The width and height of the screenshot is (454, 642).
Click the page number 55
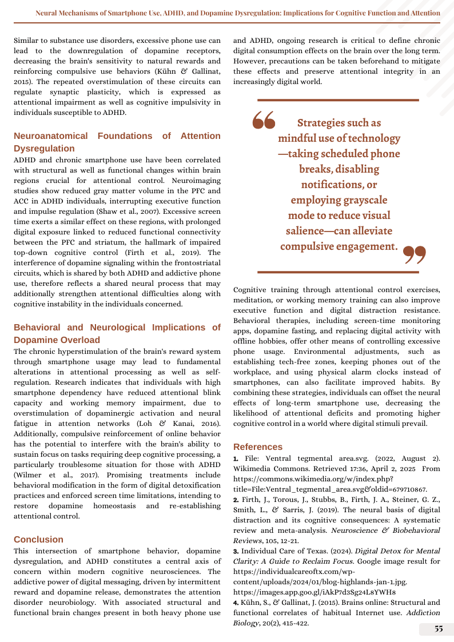pos(439,629)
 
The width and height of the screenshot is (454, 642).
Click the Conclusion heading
pos(39,539)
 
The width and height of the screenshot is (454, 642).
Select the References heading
pos(258,446)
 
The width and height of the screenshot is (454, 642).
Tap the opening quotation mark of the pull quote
pos(264,119)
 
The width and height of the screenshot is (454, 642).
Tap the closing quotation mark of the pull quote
pos(415,254)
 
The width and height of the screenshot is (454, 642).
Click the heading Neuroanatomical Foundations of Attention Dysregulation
pos(117,142)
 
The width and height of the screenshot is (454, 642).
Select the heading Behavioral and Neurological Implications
pos(117,333)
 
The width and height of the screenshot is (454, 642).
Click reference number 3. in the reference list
pos(236,551)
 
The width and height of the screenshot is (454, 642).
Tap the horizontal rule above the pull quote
pos(338,100)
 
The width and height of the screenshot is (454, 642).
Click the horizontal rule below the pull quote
pos(338,272)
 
